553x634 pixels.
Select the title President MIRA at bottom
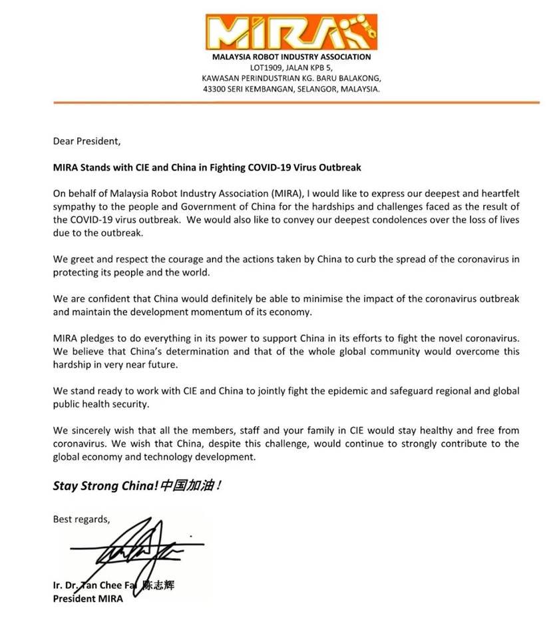pyautogui.click(x=88, y=597)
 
